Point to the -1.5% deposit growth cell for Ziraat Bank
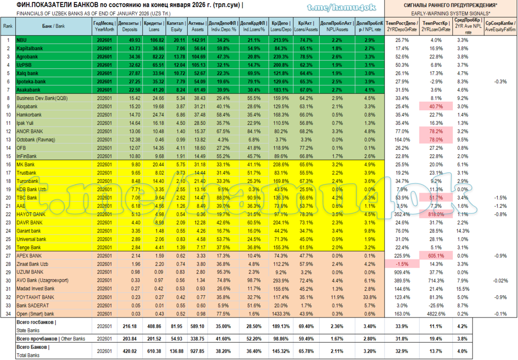(x=403, y=264)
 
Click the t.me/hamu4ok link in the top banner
(x=341, y=8)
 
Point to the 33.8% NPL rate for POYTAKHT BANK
(x=368, y=297)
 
